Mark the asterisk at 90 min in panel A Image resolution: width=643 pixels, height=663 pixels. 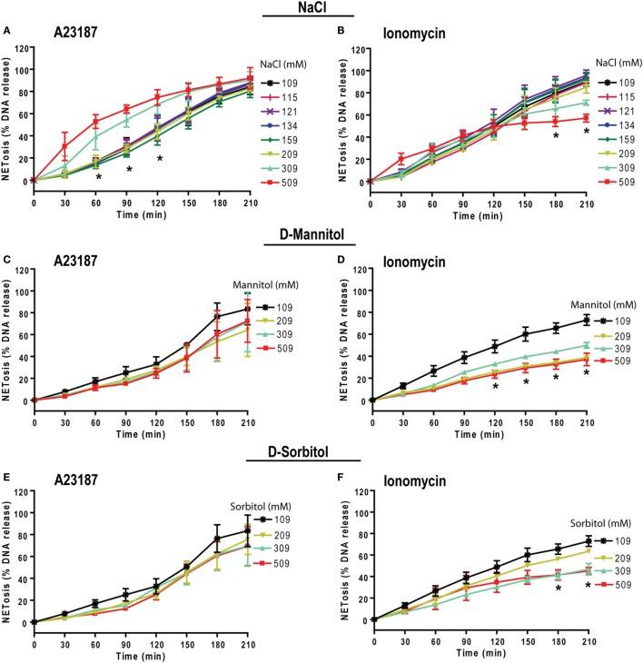[x=129, y=170]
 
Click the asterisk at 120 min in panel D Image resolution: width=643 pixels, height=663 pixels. [x=495, y=387]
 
